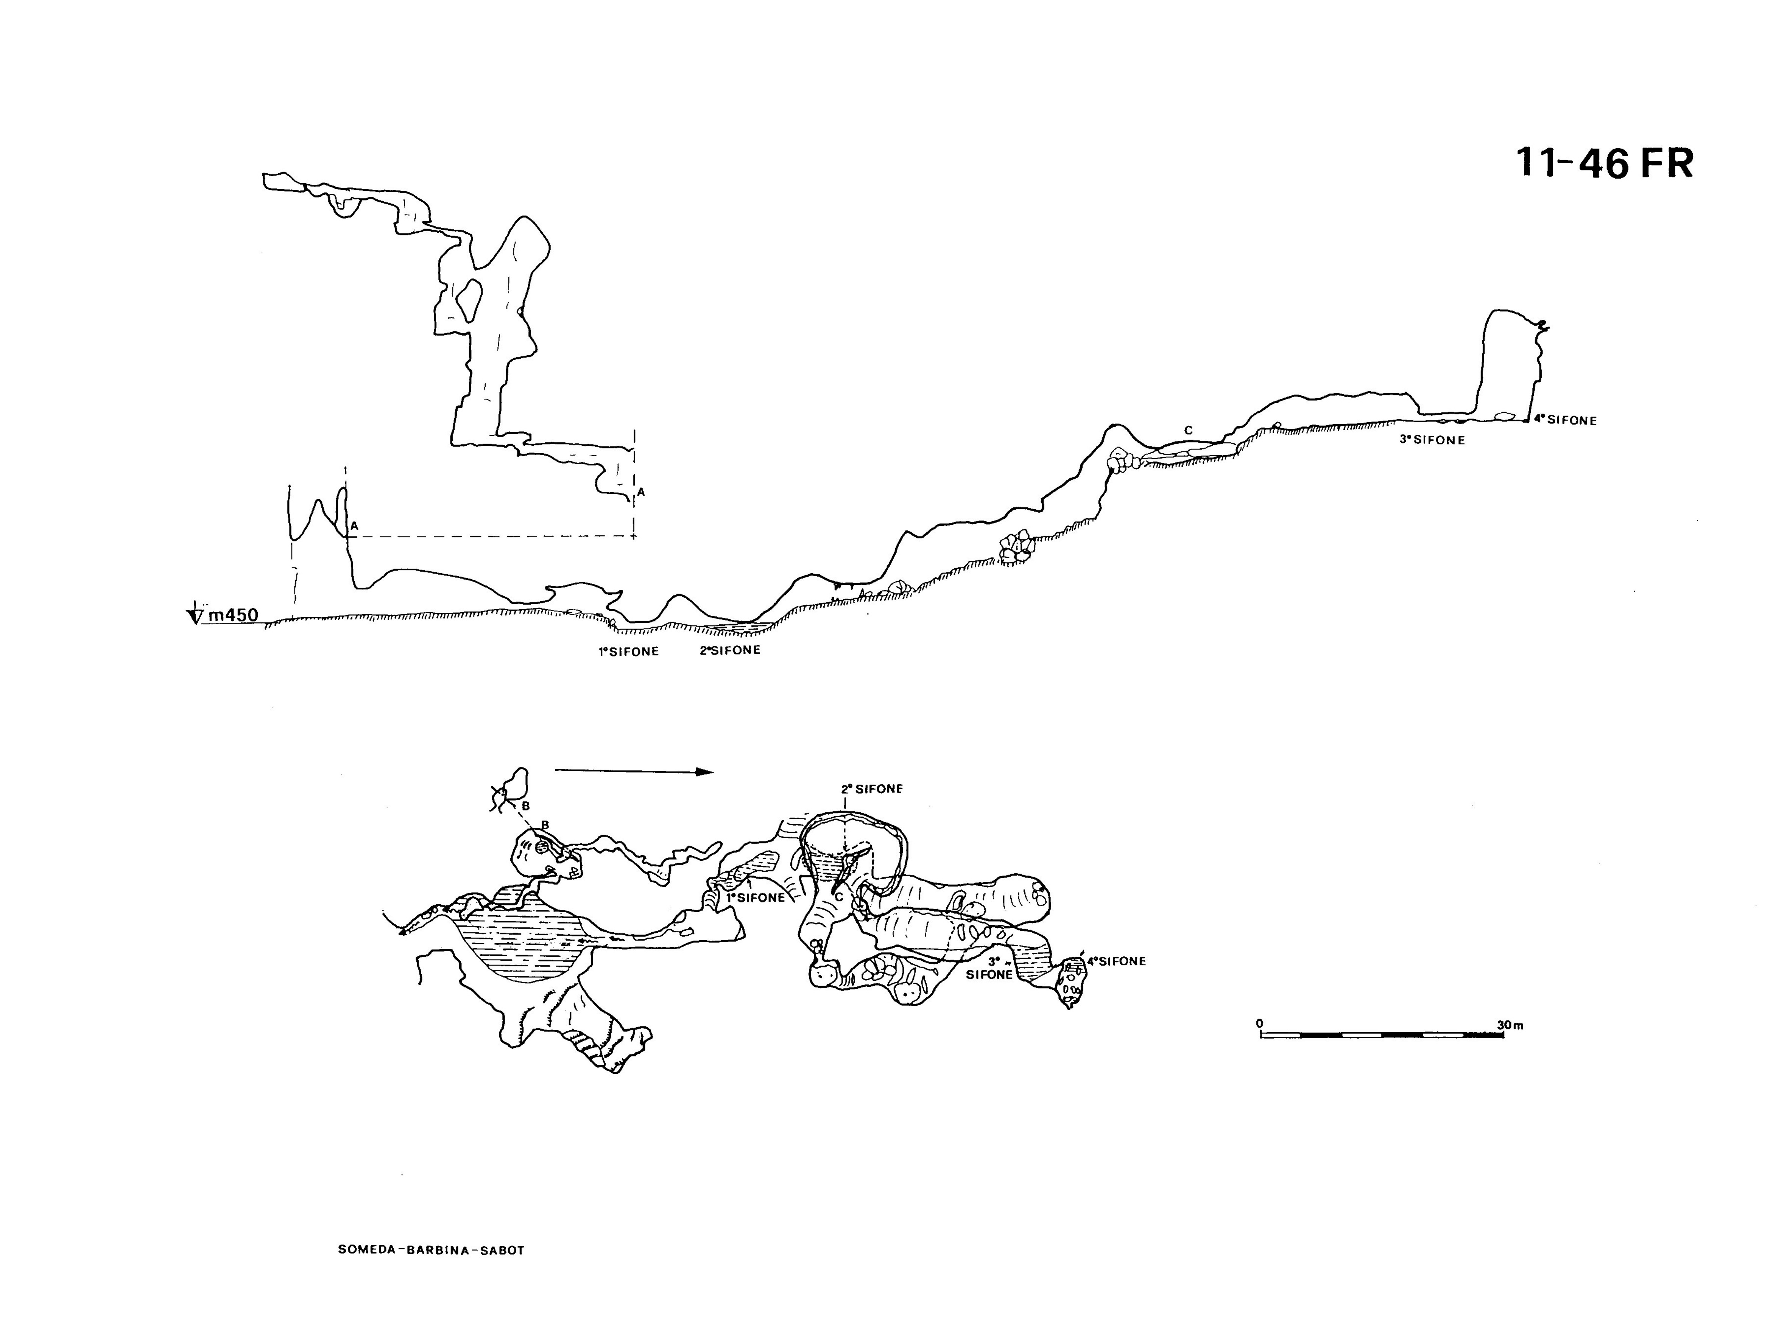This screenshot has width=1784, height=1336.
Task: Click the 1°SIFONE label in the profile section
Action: coord(628,652)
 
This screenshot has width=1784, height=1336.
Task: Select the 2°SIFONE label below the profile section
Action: coord(730,650)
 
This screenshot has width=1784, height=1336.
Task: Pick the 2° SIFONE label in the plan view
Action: coord(872,789)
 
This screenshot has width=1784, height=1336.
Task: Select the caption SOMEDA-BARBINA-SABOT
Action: coord(432,1250)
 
